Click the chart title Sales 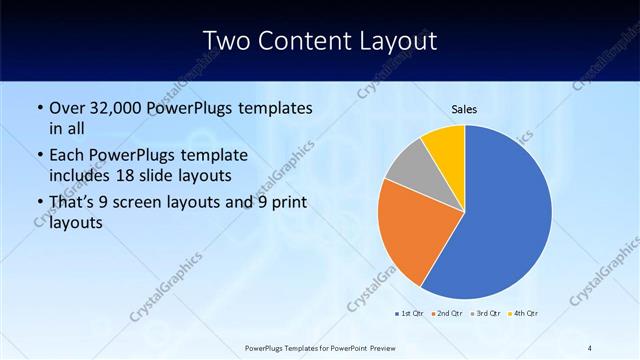(x=464, y=107)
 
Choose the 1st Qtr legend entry (x=409, y=314)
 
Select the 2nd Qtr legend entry (x=446, y=314)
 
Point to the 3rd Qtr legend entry (x=484, y=314)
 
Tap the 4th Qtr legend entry (x=523, y=314)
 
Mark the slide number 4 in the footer (x=589, y=347)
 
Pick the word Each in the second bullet (x=68, y=156)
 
